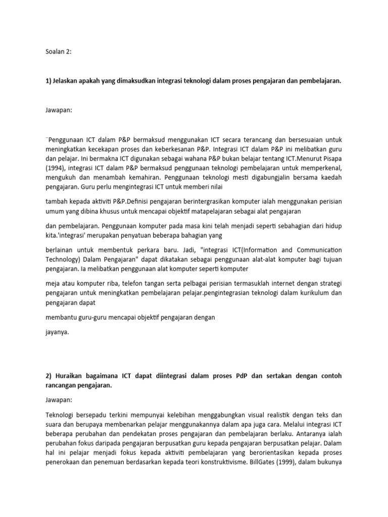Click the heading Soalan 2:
point(59,50)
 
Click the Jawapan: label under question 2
point(59,400)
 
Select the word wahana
point(188,158)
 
